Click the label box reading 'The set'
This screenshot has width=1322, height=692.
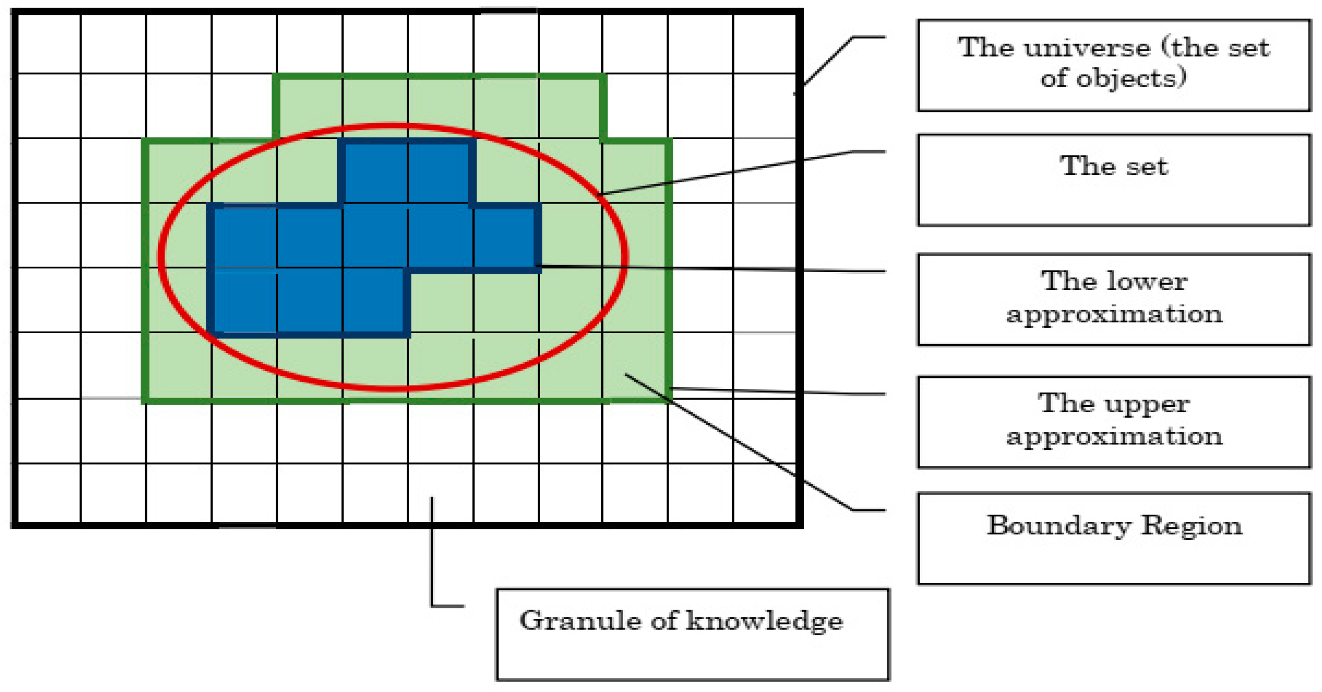(x=1114, y=179)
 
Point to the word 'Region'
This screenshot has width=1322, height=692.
(x=1192, y=526)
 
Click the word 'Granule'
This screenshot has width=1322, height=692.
(x=580, y=621)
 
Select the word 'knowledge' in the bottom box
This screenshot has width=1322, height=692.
(x=764, y=622)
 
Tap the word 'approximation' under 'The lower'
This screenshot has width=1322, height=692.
(x=1114, y=314)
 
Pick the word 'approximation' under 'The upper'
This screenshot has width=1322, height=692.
(x=1114, y=436)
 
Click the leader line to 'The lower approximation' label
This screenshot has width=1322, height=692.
(x=709, y=268)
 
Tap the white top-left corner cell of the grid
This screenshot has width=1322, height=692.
(x=49, y=44)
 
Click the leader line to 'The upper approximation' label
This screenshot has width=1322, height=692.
(x=775, y=391)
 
